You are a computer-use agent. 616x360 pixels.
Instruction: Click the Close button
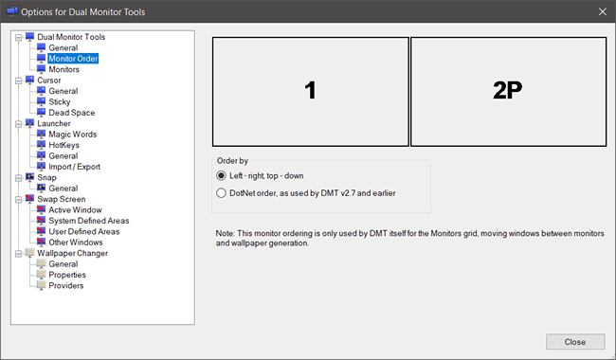[575, 342]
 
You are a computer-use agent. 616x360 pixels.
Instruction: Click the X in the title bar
[602, 11]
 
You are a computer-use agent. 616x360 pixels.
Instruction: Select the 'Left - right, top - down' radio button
[221, 175]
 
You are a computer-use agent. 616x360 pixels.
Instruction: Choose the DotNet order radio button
[221, 192]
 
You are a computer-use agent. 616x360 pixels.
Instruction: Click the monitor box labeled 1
[310, 92]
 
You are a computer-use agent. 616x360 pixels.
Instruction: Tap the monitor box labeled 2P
[508, 92]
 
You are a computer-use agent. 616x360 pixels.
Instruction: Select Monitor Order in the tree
[73, 59]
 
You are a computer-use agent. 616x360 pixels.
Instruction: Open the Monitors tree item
[63, 69]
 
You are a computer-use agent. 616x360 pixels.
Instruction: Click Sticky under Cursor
[60, 101]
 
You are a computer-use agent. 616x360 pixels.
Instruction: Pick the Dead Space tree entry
[71, 113]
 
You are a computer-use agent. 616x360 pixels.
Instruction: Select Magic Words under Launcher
[72, 135]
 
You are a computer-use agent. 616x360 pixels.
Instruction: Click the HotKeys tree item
[63, 145]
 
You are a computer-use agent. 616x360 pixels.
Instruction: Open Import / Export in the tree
[74, 167]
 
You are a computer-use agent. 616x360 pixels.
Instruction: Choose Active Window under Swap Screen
[75, 210]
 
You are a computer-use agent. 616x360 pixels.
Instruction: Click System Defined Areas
[89, 221]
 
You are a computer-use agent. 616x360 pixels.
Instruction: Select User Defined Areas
[83, 231]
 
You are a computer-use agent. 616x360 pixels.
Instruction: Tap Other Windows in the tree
[76, 243]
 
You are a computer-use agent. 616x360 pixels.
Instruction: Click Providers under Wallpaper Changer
[66, 285]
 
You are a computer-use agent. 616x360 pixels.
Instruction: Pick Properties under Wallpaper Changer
[67, 275]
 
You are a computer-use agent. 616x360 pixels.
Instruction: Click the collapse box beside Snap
[18, 178]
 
